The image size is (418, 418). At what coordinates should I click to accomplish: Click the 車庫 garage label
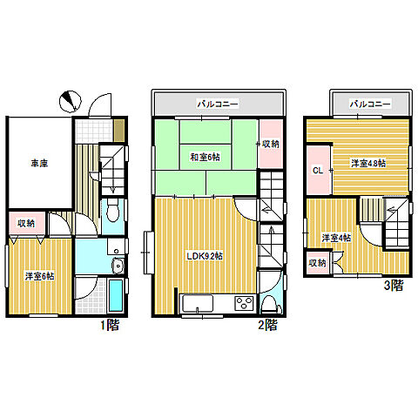coord(39,164)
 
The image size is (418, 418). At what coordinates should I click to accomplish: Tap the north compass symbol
coord(70,102)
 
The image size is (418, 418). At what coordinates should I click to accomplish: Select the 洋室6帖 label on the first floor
coord(39,276)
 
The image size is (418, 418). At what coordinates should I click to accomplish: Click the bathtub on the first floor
coord(116,295)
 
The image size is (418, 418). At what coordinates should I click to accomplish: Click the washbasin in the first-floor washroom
coord(118,265)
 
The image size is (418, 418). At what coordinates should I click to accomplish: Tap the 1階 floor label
coord(110,325)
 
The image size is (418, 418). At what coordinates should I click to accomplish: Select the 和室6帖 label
coord(205,158)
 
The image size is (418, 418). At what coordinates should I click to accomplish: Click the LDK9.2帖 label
coord(205,256)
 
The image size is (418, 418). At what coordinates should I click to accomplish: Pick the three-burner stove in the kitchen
coord(245,304)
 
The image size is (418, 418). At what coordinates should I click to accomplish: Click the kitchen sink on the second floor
coord(198,304)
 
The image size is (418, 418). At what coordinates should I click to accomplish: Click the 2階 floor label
coord(267,325)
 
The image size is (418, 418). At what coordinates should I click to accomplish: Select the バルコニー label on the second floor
coord(218,104)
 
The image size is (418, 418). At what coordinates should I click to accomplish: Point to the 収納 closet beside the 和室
coord(271,144)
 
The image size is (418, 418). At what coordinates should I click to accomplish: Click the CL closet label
coord(318,171)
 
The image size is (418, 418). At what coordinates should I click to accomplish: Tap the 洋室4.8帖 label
coord(368,164)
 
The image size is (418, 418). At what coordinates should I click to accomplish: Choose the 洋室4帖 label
coord(336,238)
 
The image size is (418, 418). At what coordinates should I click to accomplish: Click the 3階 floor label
coord(394,286)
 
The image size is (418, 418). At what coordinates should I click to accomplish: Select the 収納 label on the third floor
coord(317,263)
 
